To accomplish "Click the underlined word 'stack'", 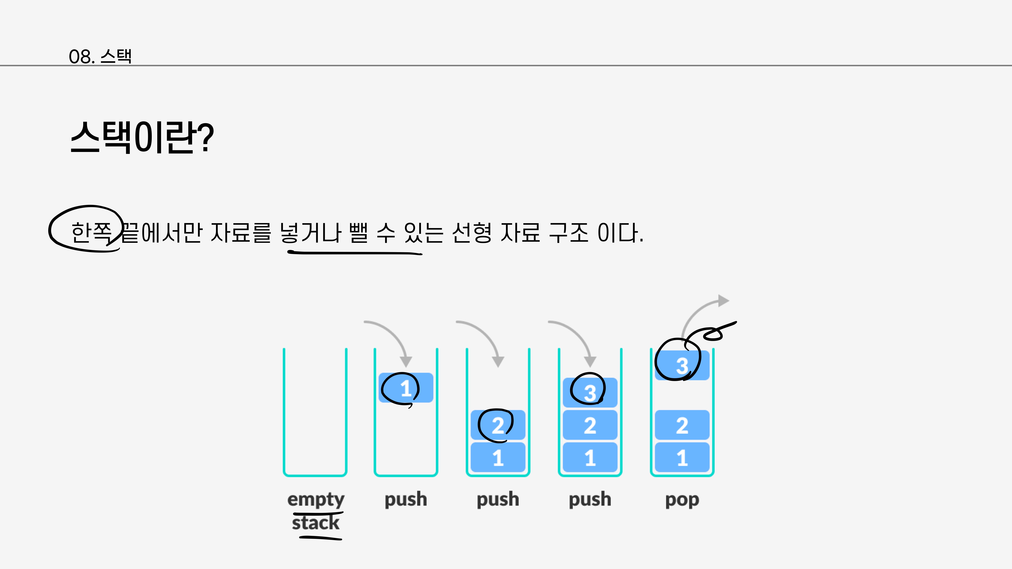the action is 316,523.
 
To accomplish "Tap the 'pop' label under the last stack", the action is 682,500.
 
